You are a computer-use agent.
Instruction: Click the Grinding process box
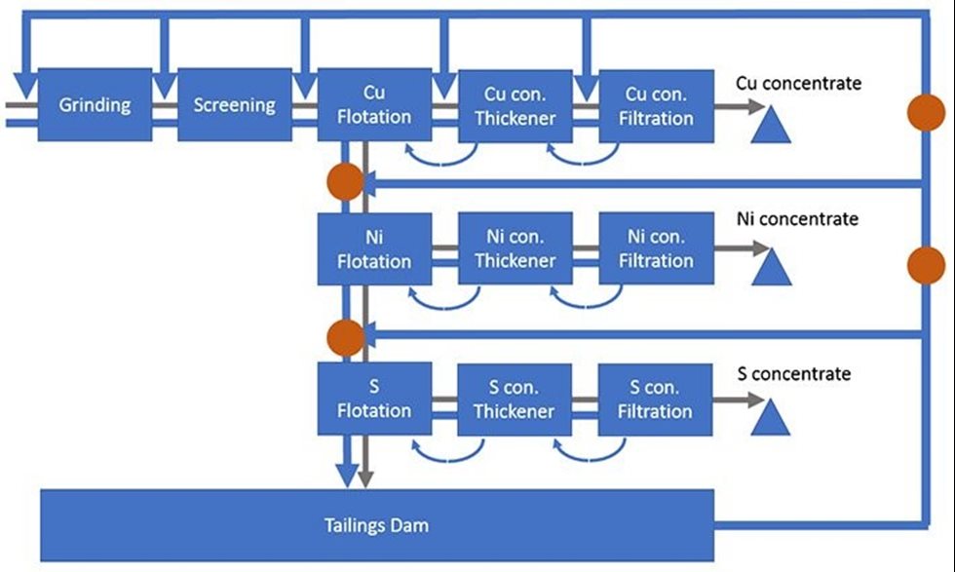[95, 104]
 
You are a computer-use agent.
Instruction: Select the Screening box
[234, 104]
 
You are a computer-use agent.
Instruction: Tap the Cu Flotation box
[374, 104]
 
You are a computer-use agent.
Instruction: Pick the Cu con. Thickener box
[515, 104]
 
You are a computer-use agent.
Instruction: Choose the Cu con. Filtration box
[655, 104]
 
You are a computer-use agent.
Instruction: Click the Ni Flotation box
[374, 248]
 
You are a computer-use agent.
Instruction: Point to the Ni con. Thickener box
[515, 248]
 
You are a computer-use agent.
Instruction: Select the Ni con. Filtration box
[655, 248]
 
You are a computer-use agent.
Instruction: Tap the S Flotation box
[374, 399]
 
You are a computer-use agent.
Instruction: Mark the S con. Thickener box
[515, 399]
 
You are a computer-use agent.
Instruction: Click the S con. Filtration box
[655, 399]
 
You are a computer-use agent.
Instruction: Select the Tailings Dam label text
[376, 526]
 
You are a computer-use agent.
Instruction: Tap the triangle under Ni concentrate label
[772, 268]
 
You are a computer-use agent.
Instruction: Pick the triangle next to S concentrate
[772, 418]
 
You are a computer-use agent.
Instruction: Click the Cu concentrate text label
[799, 84]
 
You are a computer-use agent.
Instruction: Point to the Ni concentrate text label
[798, 219]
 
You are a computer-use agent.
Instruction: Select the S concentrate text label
[794, 374]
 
